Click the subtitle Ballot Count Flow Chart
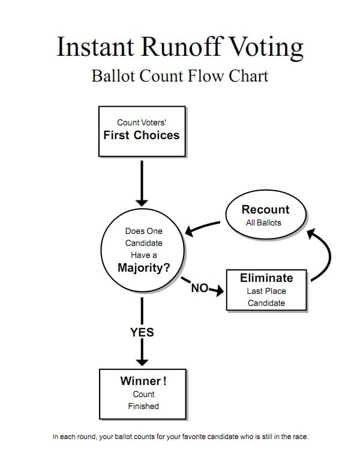(x=179, y=77)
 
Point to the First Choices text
(x=141, y=135)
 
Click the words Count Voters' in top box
(x=141, y=122)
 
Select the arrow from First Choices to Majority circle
(x=142, y=183)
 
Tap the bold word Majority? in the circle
(x=143, y=268)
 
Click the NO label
(x=199, y=288)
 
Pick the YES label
(x=142, y=332)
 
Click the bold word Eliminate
(x=266, y=278)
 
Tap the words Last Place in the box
(x=266, y=291)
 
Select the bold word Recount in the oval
(x=265, y=209)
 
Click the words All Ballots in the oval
(x=263, y=223)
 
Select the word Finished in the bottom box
(x=143, y=406)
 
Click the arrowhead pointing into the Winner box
(x=142, y=360)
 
